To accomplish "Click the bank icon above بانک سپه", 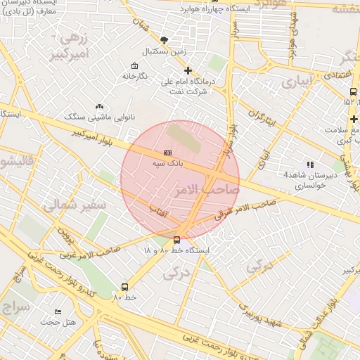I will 167,153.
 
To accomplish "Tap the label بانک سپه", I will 167,162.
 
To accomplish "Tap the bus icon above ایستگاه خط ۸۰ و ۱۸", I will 176,240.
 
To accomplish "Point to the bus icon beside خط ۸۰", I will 124,287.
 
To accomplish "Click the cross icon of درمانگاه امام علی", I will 188,70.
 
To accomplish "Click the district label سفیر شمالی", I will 74,205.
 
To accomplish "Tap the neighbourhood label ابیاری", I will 295,82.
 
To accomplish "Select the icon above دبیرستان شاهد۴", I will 309,165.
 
